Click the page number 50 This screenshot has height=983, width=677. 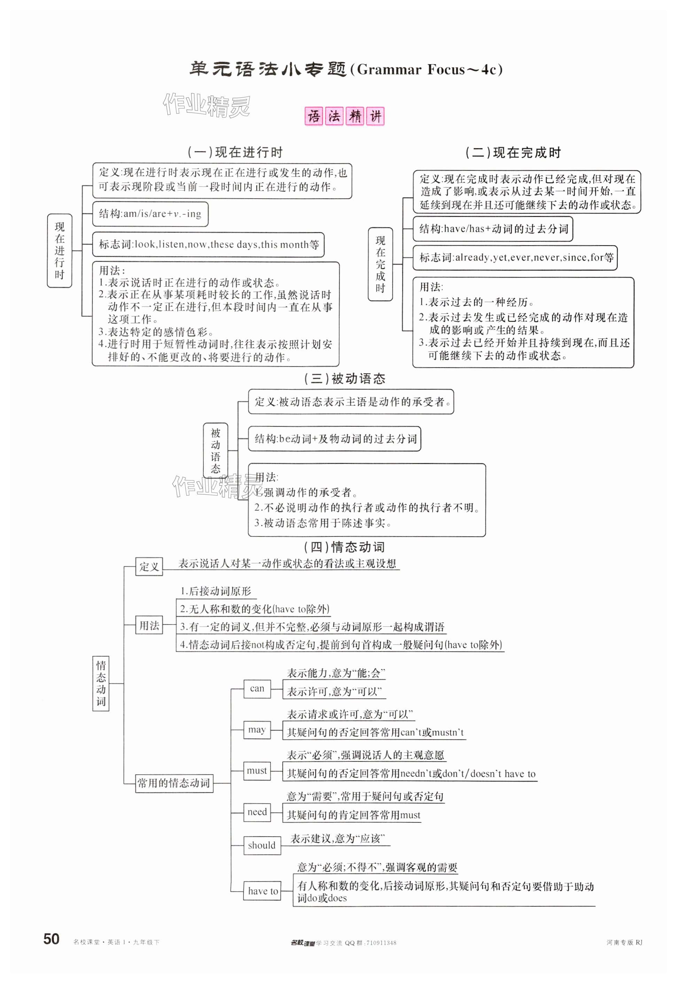click(x=51, y=938)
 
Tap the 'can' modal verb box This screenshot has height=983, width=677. click(x=257, y=689)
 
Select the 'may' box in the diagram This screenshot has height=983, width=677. click(x=257, y=730)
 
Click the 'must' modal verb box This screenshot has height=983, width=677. click(x=257, y=771)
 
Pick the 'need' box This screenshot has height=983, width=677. click(x=257, y=812)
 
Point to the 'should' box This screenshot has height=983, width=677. click(x=262, y=845)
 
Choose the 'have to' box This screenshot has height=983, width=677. click(x=263, y=891)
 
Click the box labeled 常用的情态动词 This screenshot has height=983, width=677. click(x=173, y=783)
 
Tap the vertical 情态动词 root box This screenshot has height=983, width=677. click(x=101, y=683)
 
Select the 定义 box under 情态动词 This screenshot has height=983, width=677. click(x=149, y=566)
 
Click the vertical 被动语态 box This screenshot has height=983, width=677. click(x=216, y=450)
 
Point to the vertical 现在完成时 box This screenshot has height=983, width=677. click(x=380, y=264)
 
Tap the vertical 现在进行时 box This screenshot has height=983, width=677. click(x=60, y=250)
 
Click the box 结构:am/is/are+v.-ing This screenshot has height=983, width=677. click(x=150, y=214)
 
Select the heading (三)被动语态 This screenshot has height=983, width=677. click(x=344, y=378)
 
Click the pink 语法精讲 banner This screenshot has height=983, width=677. click(x=344, y=116)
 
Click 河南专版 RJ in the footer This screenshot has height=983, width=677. click(x=624, y=942)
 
